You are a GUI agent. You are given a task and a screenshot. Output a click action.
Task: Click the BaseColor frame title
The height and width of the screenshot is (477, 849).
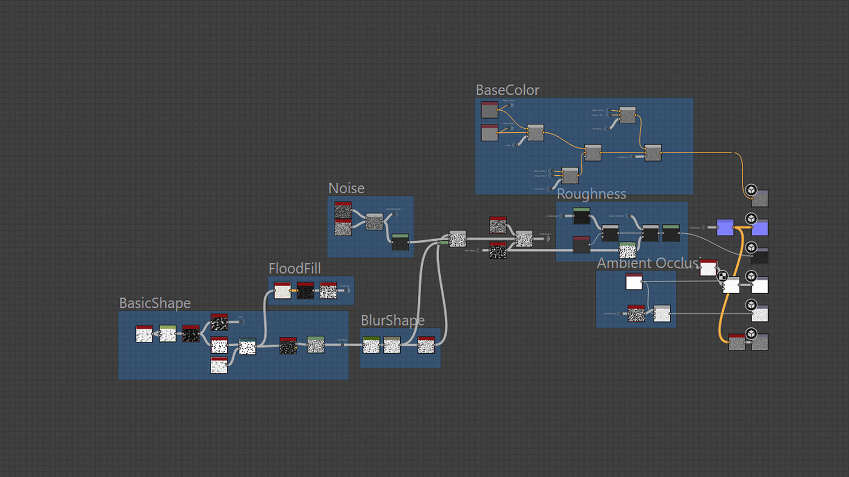507,90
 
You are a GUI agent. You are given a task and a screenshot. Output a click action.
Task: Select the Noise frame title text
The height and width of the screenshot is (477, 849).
346,189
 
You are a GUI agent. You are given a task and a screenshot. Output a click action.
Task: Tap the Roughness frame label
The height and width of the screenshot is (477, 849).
591,194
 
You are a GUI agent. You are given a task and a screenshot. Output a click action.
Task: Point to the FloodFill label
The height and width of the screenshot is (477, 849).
294,268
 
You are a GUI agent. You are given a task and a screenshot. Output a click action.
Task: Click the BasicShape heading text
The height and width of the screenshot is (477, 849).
155,303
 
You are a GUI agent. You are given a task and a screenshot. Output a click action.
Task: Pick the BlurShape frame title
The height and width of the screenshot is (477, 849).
392,320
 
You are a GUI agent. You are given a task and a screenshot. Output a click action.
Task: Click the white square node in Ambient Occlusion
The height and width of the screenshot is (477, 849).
634,281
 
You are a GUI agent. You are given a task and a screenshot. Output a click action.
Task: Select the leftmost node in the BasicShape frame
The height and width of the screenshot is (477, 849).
144,334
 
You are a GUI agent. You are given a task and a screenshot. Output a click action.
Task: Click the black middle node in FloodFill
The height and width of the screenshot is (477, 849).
305,290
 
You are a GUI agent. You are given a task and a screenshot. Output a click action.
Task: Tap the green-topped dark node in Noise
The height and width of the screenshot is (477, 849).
400,242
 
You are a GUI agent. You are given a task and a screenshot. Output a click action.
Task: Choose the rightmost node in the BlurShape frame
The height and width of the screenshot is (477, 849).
426,345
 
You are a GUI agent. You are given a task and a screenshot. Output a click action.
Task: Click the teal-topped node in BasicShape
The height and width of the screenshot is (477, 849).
247,346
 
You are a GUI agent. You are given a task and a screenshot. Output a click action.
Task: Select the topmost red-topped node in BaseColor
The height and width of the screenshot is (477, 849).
490,109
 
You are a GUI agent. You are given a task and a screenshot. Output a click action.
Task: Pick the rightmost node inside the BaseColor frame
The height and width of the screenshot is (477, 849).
653,153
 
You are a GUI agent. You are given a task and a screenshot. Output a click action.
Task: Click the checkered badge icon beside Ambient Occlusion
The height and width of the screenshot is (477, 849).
722,276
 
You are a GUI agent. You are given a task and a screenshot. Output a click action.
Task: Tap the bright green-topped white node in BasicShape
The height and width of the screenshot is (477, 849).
168,334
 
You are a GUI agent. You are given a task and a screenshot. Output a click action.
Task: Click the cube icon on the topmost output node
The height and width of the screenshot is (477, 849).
751,190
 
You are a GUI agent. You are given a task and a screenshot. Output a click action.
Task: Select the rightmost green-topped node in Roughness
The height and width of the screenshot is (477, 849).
671,233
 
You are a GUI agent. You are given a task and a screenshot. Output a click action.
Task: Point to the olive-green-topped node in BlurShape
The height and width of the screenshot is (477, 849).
371,345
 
